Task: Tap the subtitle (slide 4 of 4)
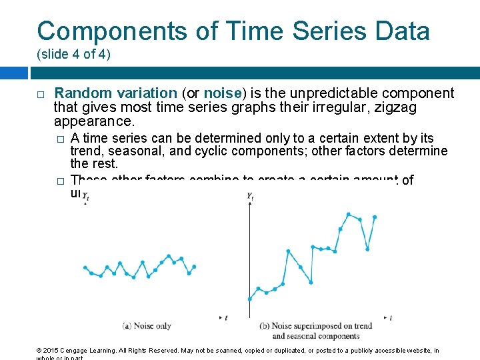tap(74, 54)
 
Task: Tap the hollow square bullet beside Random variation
tap(41, 94)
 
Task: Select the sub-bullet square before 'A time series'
tap(60, 139)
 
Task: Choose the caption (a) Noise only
tap(147, 326)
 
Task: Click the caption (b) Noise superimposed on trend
tap(315, 327)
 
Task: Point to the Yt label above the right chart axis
tap(250, 196)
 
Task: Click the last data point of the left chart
tap(194, 267)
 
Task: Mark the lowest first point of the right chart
tap(249, 299)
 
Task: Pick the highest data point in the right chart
tap(349, 214)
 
